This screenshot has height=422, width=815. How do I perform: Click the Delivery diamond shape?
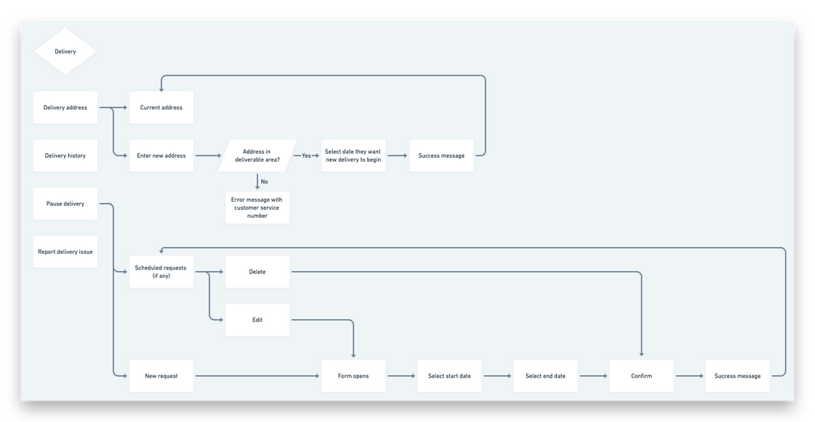(65, 52)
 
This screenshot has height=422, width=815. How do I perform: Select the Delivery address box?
(65, 108)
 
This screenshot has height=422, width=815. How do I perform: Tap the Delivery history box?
(65, 156)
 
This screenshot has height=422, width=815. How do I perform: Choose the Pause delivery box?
(65, 204)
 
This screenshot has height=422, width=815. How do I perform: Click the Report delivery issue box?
(65, 251)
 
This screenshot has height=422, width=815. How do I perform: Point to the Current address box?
(161, 108)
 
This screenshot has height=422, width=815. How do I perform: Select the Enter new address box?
(161, 156)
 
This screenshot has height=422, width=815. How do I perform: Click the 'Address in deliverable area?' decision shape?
(257, 156)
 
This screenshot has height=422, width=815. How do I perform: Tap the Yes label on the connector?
(306, 156)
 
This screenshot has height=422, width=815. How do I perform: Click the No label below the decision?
(264, 181)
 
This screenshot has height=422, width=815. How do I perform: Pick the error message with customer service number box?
(257, 208)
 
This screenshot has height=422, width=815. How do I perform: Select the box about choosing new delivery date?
(353, 156)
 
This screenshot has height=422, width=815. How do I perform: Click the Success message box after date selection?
(441, 156)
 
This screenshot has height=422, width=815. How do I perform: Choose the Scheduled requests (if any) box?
(161, 272)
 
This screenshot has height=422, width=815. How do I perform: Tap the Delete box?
(257, 272)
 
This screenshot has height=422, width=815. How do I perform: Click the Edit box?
(257, 320)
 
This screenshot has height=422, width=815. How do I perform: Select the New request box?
(161, 376)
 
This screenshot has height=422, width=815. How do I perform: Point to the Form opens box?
(353, 376)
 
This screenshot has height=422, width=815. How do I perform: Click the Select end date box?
(546, 376)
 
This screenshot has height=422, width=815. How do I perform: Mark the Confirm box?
(641, 376)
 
